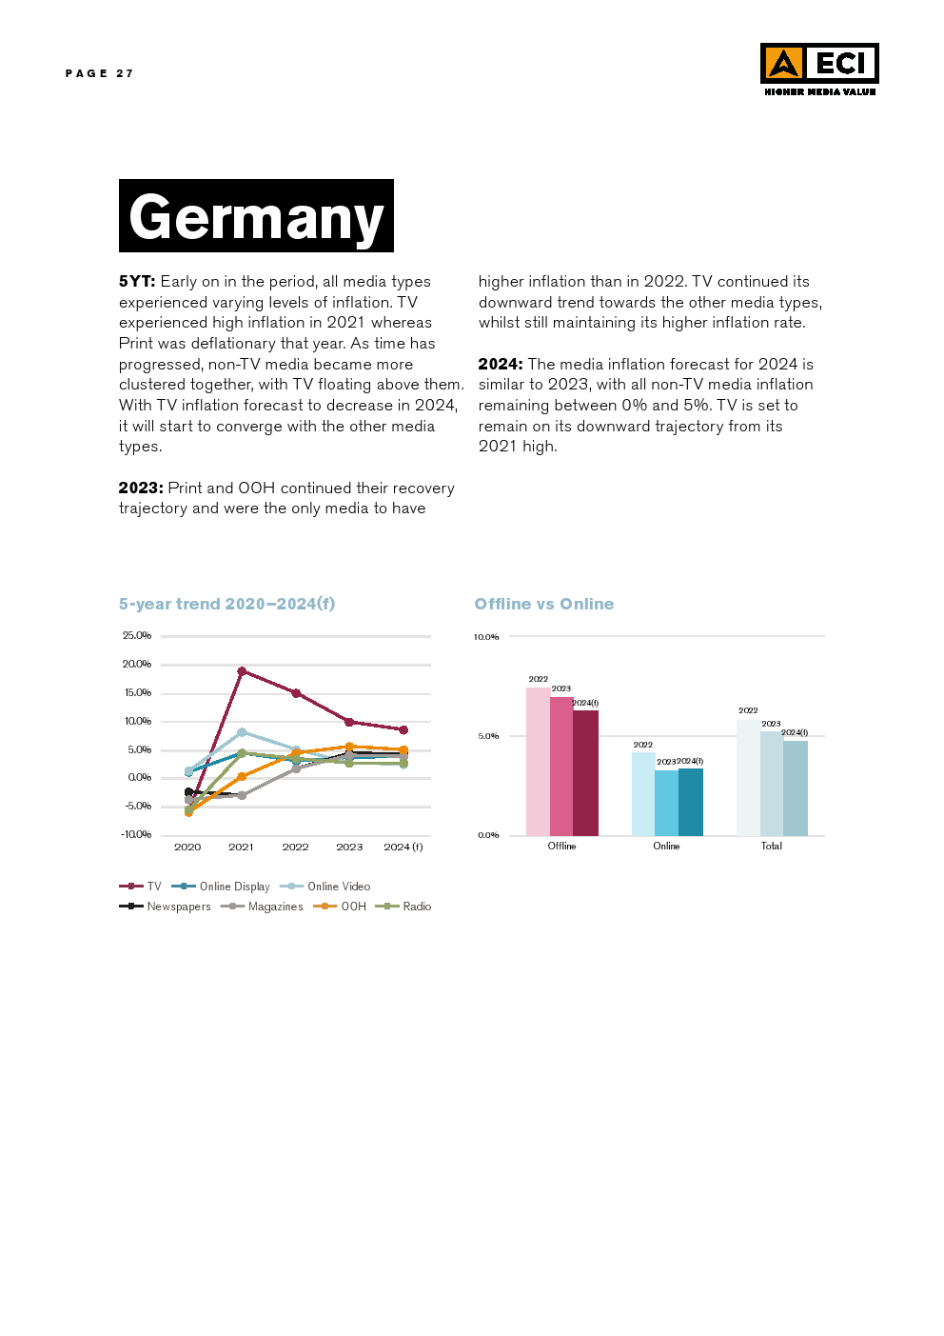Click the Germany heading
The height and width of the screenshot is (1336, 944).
point(256,216)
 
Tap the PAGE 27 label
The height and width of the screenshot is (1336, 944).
point(99,73)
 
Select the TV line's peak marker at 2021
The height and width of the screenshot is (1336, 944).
point(242,671)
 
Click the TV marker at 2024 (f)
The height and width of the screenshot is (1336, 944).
point(403,730)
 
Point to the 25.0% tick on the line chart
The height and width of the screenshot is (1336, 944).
point(137,635)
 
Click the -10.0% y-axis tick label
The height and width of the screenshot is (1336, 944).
point(136,834)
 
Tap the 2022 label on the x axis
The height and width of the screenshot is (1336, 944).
point(295,847)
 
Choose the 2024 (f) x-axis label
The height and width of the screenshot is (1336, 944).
point(403,847)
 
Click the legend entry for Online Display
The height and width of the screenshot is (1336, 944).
point(223,887)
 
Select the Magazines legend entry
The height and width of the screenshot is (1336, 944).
point(263,907)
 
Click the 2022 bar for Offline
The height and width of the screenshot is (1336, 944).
point(538,762)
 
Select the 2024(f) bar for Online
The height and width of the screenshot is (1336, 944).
point(691,802)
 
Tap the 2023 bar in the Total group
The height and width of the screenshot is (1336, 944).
point(772,783)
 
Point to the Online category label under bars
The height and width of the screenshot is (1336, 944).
point(666,846)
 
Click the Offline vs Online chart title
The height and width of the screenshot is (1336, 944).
point(544,604)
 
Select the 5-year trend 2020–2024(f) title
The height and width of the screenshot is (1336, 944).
point(226,604)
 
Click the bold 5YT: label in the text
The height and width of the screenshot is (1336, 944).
point(137,281)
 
